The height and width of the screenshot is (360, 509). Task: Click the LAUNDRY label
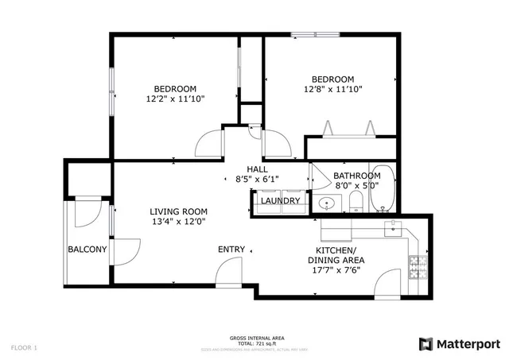[282, 201]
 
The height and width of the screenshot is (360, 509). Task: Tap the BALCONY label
[87, 250]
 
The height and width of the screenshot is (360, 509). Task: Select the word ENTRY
[231, 250]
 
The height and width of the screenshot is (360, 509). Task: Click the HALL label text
[257, 169]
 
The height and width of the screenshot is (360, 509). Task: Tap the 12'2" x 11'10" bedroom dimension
[175, 100]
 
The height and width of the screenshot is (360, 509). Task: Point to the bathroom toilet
[356, 202]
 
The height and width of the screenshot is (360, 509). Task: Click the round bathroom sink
[326, 204]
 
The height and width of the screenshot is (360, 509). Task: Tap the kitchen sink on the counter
[393, 229]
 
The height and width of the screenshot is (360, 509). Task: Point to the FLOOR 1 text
[24, 347]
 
